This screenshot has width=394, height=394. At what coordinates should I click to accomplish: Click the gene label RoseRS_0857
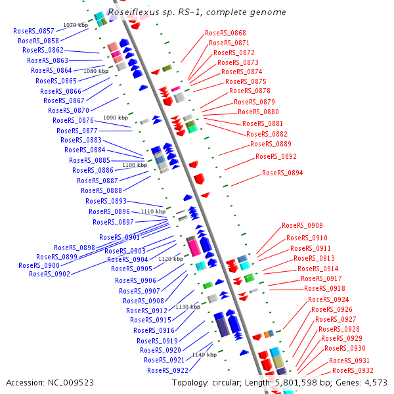pos(33,31)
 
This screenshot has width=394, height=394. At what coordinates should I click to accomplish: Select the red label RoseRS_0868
pos(225,33)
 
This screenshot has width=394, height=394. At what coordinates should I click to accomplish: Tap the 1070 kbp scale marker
pos(76,25)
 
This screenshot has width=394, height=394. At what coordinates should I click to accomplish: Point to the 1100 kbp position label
pos(135,165)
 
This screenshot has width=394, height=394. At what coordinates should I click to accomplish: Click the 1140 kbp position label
pos(204,355)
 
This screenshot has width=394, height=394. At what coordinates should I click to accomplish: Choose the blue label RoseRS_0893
pos(106,201)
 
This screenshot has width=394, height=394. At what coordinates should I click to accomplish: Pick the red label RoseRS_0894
pos(282,173)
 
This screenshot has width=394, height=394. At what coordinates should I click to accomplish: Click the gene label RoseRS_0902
pos(49,274)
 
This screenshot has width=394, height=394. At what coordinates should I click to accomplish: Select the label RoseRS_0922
pos(167,370)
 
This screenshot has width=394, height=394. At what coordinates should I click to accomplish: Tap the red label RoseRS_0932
pos(353,370)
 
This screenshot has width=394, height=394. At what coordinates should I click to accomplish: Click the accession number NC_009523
pos(71,383)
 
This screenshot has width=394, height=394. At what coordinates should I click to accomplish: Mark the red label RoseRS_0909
pos(302,225)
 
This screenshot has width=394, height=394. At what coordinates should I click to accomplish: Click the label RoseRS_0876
pos(73,120)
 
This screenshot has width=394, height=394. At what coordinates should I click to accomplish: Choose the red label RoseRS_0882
pos(267,134)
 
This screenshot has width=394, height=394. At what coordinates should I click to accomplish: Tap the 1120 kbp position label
pos(171,259)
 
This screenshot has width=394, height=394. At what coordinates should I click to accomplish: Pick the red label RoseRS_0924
pos(328,299)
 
